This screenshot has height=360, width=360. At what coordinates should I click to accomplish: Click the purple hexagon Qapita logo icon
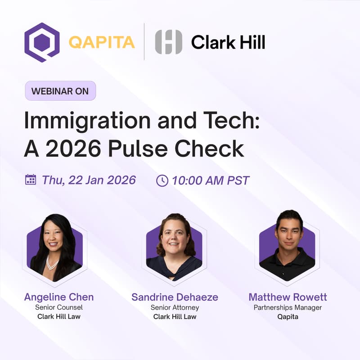pos(41,42)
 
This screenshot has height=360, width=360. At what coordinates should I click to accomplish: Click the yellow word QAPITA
pos(102,42)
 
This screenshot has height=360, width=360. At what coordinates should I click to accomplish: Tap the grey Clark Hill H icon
pos(169,42)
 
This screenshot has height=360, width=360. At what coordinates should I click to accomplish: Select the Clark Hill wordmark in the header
pos(228,42)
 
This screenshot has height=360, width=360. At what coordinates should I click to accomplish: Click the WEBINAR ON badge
pos(60,90)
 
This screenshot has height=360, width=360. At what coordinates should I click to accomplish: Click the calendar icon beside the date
pos(31,180)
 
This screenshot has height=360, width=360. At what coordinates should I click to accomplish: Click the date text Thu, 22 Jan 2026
pos(89,180)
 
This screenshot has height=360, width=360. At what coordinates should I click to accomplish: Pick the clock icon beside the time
pos(162,180)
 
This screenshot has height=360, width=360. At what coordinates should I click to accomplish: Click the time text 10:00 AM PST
pos(211,180)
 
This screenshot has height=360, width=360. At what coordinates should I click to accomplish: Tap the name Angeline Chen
pos(59,297)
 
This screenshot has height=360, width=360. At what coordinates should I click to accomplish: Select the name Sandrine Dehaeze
pos(175,297)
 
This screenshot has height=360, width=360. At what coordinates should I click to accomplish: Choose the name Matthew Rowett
pos(288,297)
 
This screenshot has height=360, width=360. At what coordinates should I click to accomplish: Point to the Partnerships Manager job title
pos(288,307)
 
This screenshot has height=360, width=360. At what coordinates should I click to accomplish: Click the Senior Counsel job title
pos(59,307)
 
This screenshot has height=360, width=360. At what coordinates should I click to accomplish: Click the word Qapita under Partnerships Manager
pos(288,316)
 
